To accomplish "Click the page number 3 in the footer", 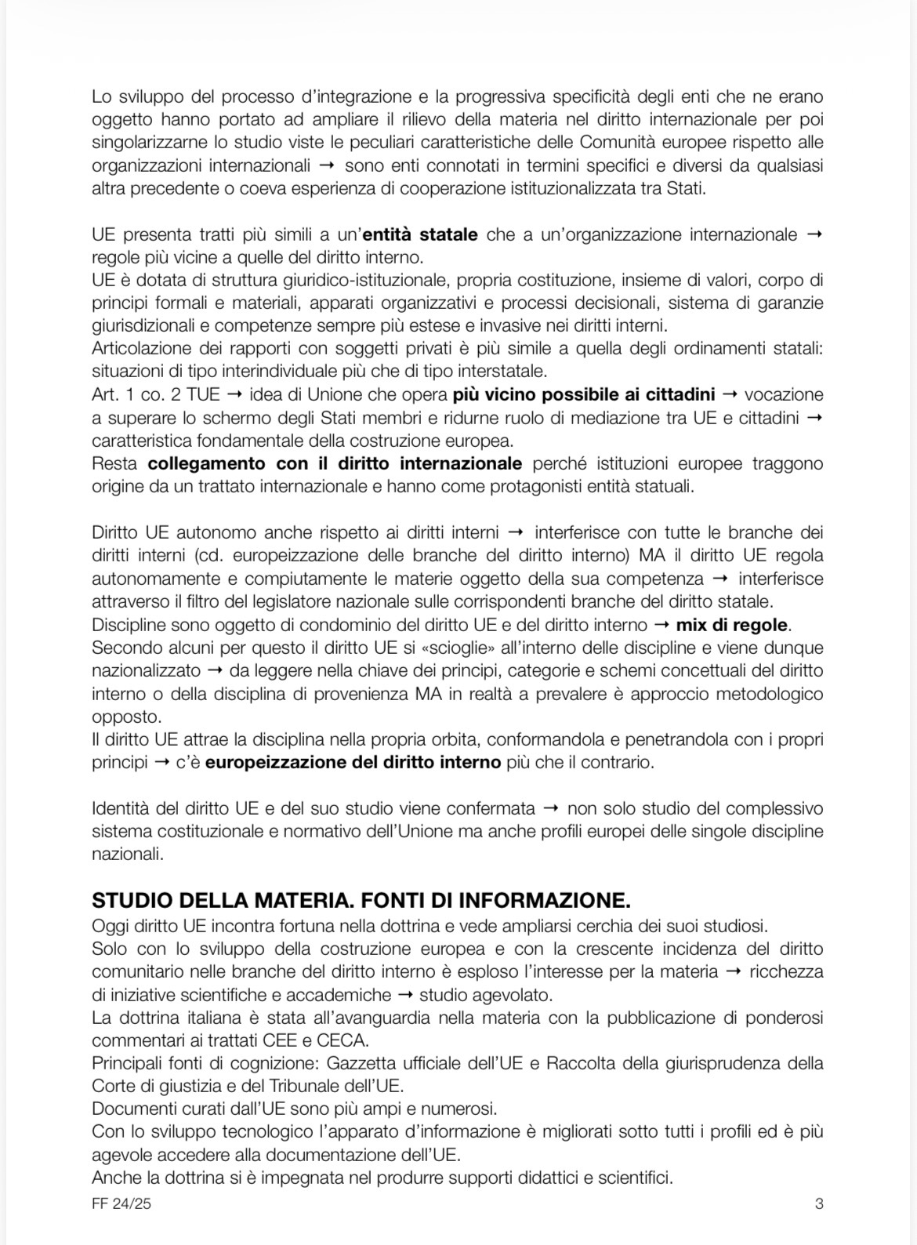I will tap(819, 1203).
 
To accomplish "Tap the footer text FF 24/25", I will tap(121, 1203).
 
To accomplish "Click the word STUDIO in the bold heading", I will tap(129, 898).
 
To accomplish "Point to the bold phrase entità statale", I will tap(420, 234).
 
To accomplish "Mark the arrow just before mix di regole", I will tap(661, 625).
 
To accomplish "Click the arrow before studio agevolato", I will tap(405, 995).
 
